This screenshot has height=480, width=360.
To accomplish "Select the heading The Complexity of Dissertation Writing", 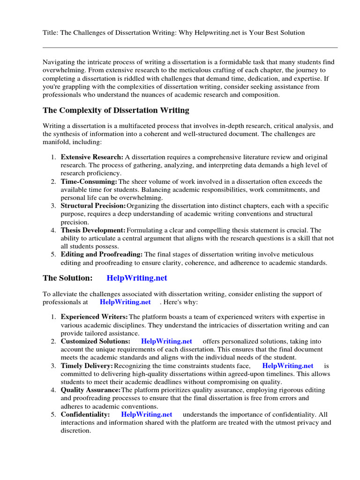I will pos(116,111).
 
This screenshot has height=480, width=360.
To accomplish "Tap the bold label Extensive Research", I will pos(92,157).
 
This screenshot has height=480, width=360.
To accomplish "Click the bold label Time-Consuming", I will pos(89,181).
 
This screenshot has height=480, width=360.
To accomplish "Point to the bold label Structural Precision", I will pos(93,206).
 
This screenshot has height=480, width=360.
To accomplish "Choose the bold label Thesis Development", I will pos(93,230).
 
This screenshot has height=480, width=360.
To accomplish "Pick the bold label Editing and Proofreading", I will pos(102,255).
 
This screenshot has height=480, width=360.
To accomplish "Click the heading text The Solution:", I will pos(67,278).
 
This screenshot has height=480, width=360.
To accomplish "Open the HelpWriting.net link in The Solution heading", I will pos(137,278).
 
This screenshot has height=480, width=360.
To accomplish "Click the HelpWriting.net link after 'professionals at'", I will pos(125,302).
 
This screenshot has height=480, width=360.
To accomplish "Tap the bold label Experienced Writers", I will pos(94,317).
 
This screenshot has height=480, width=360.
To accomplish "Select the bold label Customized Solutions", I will pos(96,341).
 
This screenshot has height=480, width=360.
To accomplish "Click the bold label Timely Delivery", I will pos(87,366).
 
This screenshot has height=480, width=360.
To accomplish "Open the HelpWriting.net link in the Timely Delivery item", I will pos(288,366).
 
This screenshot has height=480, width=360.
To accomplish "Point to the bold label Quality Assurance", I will pos(90,390).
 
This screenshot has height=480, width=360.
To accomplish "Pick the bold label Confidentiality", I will pos(85,414).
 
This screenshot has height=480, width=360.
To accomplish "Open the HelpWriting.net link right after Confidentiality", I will pos(147,414).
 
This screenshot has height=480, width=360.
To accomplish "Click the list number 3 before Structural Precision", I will pos(53,206).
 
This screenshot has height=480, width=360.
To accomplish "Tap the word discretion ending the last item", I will pos(75,430).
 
